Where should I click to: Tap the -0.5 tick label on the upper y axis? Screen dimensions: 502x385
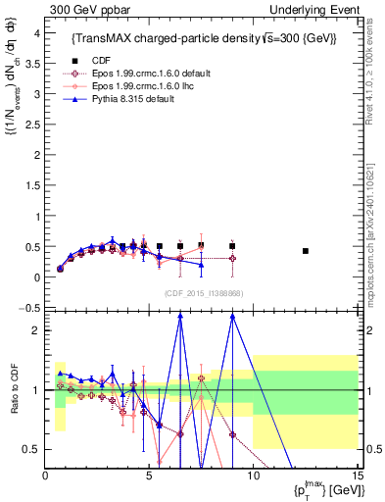pyautogui.click(x=28, y=308)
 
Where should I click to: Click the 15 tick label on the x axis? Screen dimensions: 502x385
pyautogui.click(x=357, y=476)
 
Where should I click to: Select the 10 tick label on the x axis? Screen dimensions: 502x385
pyautogui.click(x=253, y=476)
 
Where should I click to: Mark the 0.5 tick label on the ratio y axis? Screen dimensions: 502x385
pyautogui.click(x=31, y=449)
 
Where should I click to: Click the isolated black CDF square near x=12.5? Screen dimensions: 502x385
pyautogui.click(x=306, y=251)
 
